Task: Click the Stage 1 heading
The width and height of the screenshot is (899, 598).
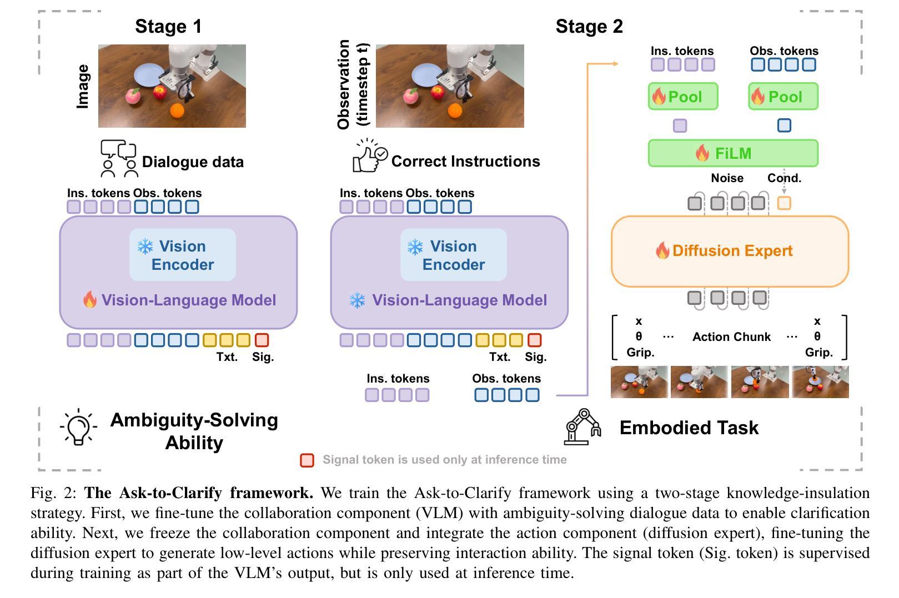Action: tap(168, 26)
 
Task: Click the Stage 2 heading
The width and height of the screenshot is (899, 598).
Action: tap(589, 26)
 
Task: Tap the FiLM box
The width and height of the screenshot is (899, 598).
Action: tap(733, 153)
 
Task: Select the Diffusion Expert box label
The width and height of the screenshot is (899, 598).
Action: tap(732, 251)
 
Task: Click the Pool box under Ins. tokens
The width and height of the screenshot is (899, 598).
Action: tap(683, 97)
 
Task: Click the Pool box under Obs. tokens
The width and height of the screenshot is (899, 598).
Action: tap(783, 97)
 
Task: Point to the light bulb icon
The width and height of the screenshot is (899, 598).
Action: tap(78, 426)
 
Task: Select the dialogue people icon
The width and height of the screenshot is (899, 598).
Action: tap(119, 159)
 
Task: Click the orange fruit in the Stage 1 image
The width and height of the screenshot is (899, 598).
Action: tap(177, 110)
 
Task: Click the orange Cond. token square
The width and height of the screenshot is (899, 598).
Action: tap(784, 203)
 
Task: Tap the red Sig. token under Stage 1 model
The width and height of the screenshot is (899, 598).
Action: tap(262, 340)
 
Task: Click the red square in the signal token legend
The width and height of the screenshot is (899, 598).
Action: tap(307, 460)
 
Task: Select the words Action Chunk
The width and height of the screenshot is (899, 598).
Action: tap(731, 337)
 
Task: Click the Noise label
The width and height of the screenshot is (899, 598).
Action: tap(727, 178)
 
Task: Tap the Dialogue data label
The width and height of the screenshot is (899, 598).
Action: tap(193, 162)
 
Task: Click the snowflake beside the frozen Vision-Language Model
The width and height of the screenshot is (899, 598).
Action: tap(357, 300)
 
